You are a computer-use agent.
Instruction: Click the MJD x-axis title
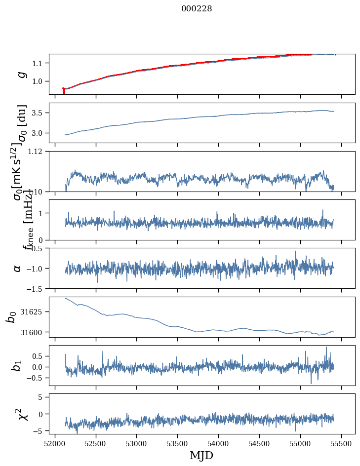pyautogui.click(x=201, y=455)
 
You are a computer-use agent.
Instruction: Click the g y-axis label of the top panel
pyautogui.click(x=21, y=74)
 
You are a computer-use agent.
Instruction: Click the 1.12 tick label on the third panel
pyautogui.click(x=39, y=152)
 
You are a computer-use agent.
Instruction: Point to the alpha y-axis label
pyautogui.click(x=18, y=268)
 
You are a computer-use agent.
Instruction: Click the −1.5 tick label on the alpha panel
pyautogui.click(x=37, y=288)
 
